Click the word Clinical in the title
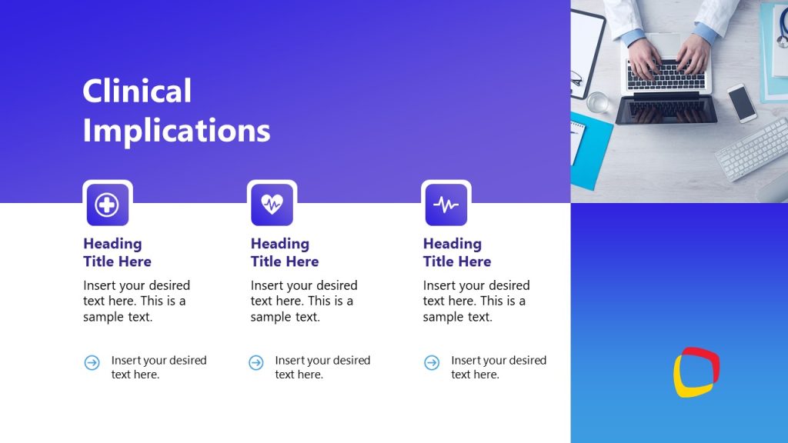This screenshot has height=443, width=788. point(137,92)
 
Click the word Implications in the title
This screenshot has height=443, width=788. point(176,130)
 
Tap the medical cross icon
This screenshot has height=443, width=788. point(107,205)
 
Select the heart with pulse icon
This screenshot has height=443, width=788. point(272,204)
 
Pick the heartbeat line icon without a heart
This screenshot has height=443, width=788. point(446,205)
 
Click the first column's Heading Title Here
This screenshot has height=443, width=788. point(117,252)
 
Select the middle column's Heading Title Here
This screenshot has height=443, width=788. point(285,252)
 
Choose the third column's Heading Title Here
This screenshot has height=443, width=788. point(457,252)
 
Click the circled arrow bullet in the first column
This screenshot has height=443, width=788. point(92,362)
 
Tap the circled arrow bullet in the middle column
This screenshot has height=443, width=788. point(256,362)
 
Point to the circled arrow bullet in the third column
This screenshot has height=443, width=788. point(432,362)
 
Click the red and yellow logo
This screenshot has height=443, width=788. point(696,372)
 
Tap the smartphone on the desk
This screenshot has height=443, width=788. point(742,102)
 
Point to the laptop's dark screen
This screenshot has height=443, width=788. point(666,111)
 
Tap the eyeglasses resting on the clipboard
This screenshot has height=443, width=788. point(576,78)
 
